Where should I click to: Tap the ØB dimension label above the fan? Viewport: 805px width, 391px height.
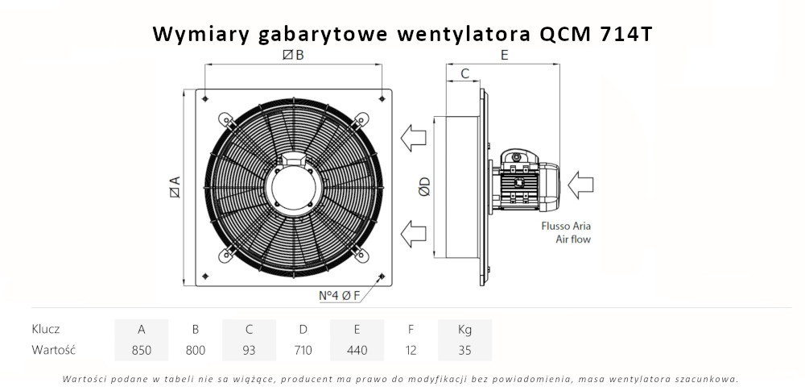point(294,55)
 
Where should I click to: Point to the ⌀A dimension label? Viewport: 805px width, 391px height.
point(174,187)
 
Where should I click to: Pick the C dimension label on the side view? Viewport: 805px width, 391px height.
point(464,74)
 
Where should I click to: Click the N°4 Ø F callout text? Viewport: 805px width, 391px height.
point(338,296)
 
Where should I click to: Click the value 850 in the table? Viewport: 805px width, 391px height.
point(142,350)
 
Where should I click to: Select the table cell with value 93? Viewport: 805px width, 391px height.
point(250,350)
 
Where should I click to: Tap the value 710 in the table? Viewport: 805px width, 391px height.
point(303,350)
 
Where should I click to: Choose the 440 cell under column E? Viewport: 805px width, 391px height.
point(357,350)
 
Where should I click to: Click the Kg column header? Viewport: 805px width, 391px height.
point(464,329)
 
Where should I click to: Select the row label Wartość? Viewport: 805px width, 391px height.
point(54,350)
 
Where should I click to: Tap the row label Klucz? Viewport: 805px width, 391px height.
point(46,329)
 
